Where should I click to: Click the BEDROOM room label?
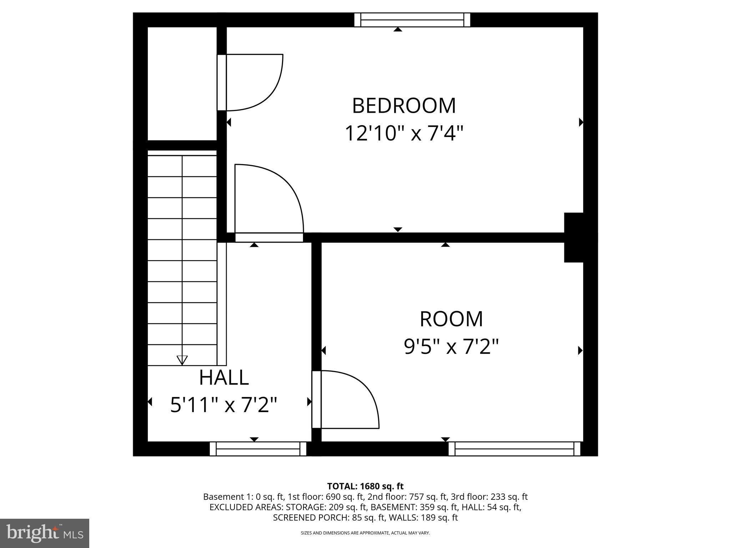(404, 106)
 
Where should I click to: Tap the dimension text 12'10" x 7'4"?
(404, 133)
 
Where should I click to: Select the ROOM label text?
(451, 319)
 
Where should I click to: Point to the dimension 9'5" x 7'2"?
(451, 346)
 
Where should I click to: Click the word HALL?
(224, 377)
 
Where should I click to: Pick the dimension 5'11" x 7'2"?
(224, 405)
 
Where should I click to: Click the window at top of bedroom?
(412, 20)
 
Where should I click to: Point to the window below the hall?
(258, 449)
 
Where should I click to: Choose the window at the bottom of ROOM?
(514, 449)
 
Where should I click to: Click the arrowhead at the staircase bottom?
(182, 360)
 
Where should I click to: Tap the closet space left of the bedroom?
(182, 84)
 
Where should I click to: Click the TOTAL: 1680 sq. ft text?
(365, 486)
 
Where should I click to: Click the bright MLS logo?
(44, 533)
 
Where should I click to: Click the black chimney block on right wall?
(574, 237)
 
